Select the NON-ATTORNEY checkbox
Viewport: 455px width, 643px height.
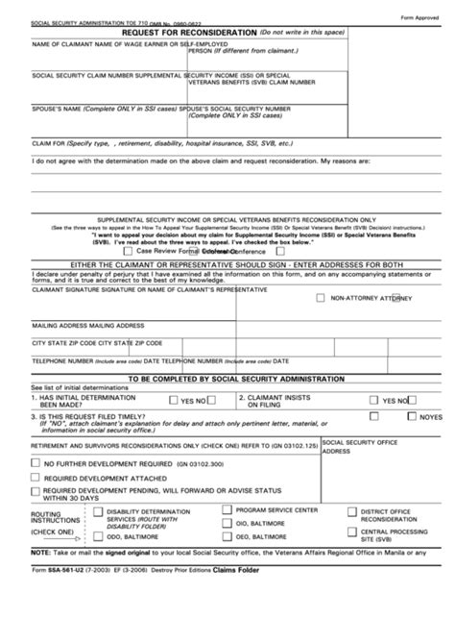click(321, 297)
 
